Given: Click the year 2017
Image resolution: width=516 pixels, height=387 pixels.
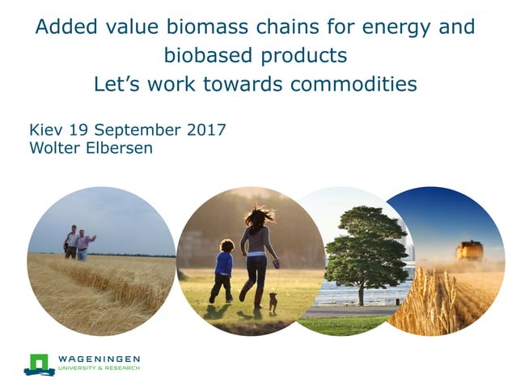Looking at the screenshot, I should [x=206, y=130].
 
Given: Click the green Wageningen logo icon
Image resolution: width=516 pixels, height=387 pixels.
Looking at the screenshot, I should [x=39, y=364].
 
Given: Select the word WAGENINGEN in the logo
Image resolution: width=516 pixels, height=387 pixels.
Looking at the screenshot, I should [x=99, y=359].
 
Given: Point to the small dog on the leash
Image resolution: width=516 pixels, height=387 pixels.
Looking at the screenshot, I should [x=273, y=302].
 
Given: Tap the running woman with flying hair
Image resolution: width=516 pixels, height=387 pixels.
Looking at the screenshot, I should [x=258, y=251].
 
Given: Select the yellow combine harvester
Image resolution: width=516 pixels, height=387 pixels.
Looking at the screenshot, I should [x=470, y=251].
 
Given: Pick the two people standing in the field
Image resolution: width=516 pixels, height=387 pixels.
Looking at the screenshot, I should [x=78, y=242].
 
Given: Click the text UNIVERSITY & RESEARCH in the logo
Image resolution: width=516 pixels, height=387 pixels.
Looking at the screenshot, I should [x=99, y=369].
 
